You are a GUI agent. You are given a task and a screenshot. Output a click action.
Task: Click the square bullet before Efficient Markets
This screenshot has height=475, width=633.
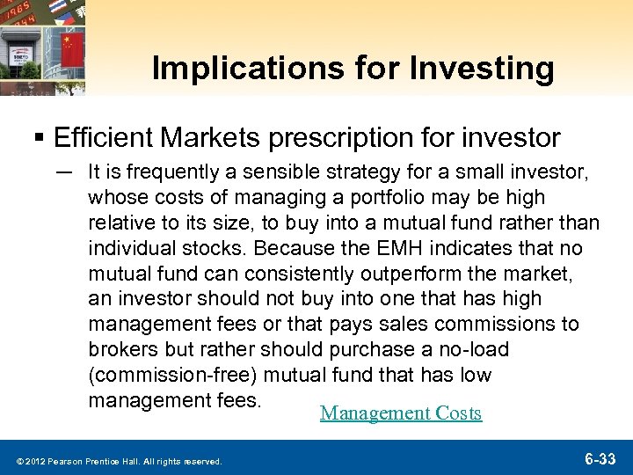pyautogui.click(x=40, y=139)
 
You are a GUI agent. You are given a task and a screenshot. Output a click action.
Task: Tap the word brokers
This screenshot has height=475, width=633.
pyautogui.click(x=120, y=350)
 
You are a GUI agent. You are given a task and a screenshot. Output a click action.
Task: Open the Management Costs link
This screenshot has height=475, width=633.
pyautogui.click(x=401, y=413)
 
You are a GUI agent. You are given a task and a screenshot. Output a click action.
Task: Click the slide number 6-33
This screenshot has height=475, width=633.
pyautogui.click(x=600, y=457)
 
